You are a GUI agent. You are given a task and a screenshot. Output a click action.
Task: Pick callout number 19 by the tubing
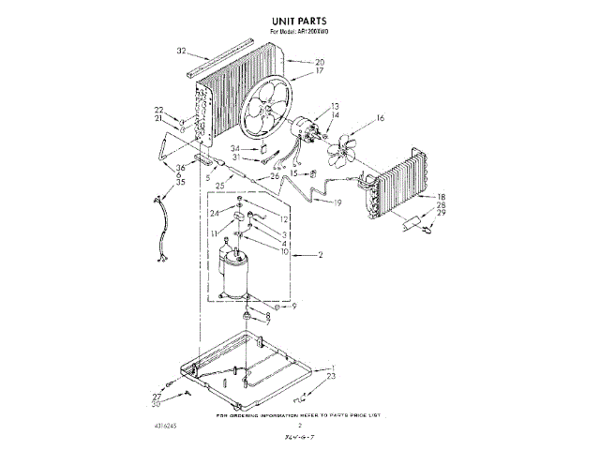click(x=337, y=202)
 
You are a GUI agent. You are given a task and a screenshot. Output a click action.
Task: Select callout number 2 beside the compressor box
click(x=321, y=255)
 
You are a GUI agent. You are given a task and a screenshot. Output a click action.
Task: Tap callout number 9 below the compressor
click(x=292, y=307)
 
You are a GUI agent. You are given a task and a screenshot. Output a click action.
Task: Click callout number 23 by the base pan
click(x=330, y=377)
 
